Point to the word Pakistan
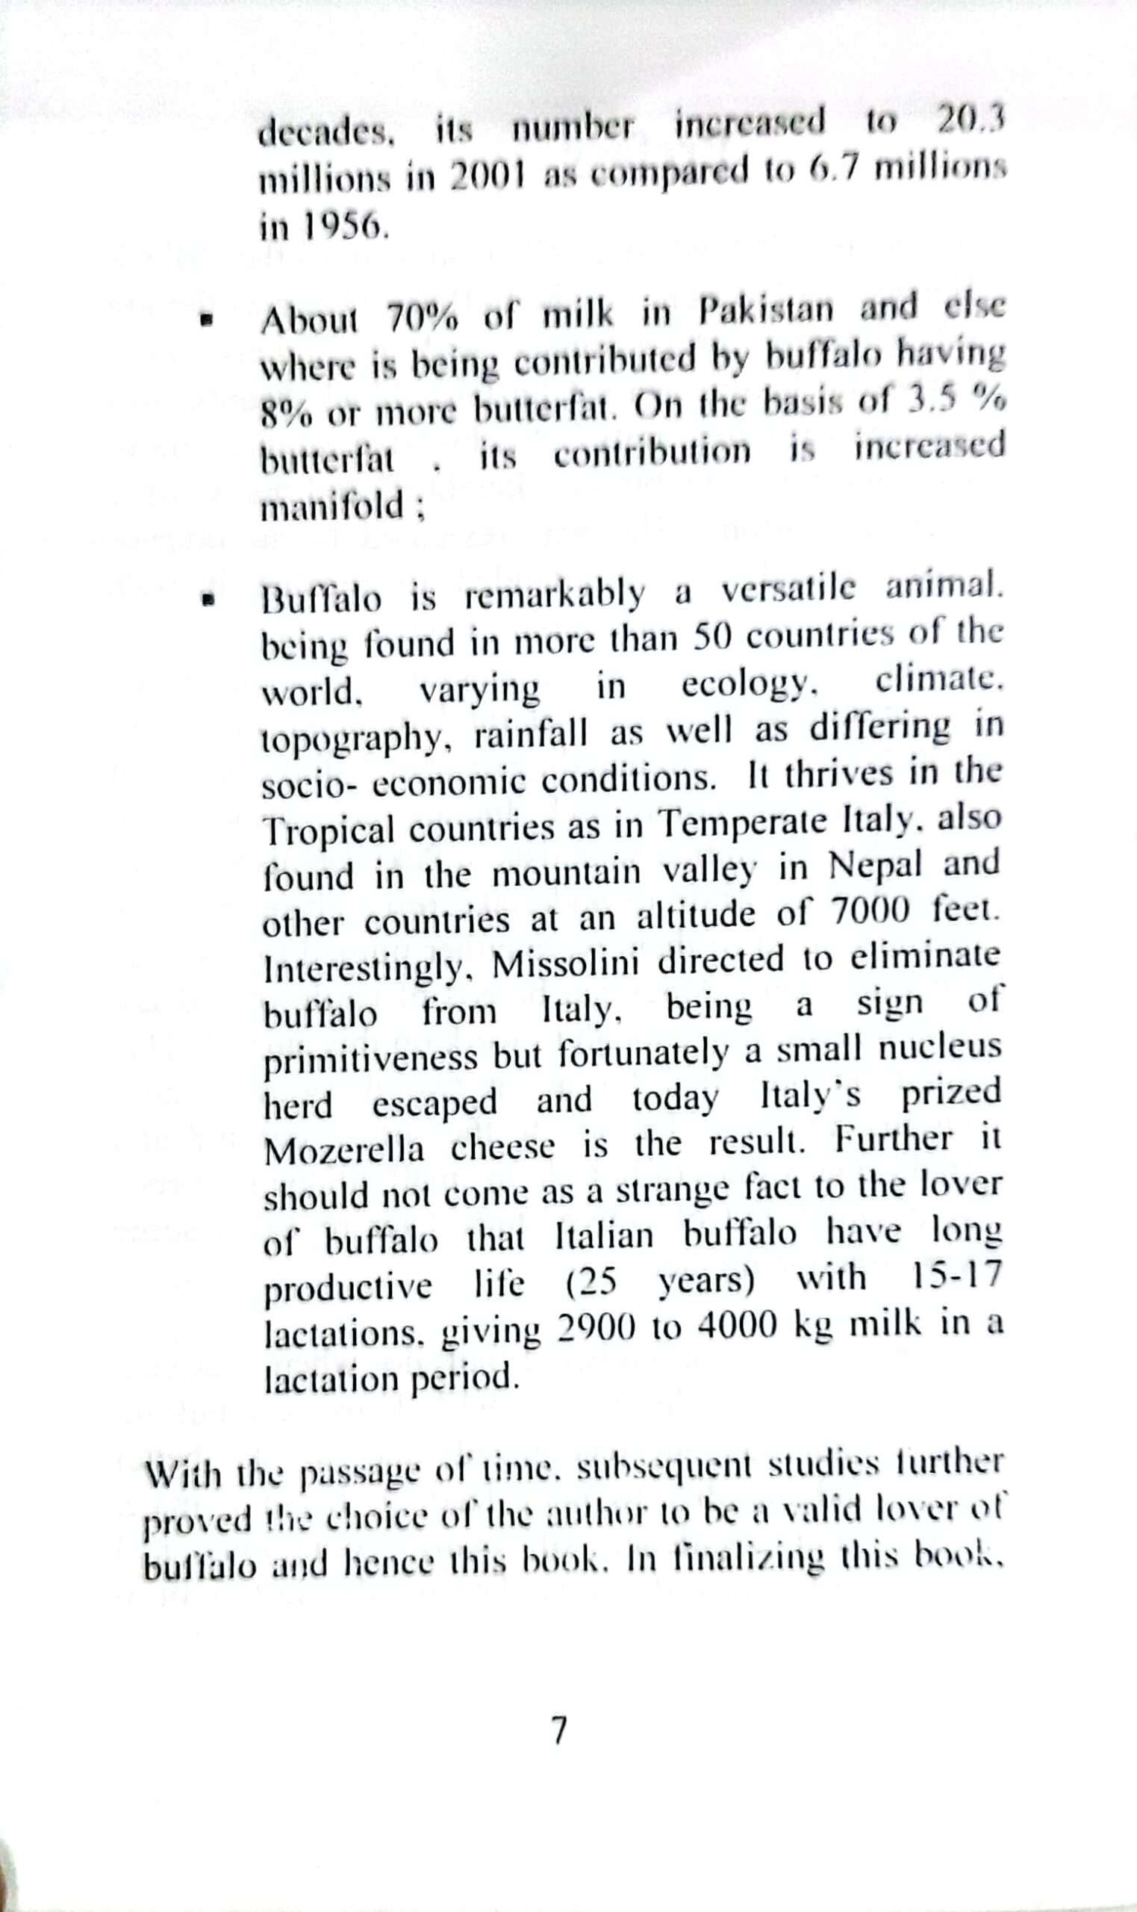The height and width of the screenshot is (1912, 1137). point(765,310)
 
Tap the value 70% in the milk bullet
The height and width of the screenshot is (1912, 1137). point(421,317)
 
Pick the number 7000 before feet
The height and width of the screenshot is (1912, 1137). point(870,913)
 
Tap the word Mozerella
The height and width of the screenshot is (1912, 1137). point(343,1150)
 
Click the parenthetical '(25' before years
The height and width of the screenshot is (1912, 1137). point(591,1282)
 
